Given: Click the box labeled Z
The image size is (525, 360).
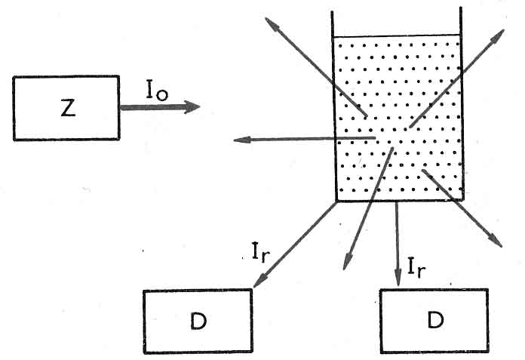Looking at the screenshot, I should tap(66, 107).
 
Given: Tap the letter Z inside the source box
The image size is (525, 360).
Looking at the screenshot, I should tap(67, 108).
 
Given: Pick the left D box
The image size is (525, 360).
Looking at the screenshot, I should tap(198, 320).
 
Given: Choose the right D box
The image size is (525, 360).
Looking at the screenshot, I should tap(434, 320).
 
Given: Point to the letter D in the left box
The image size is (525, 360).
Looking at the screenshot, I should tap(198, 321).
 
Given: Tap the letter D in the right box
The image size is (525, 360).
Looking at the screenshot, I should tap(434, 321).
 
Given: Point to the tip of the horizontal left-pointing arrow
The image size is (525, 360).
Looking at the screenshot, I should tap(235, 140).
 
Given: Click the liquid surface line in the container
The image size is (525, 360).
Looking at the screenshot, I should tap(397, 36).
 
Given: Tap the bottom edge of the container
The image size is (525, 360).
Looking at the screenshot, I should tap(397, 201).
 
